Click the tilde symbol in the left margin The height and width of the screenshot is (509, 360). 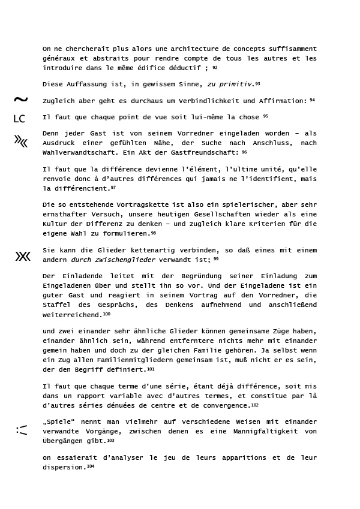coord(20,100)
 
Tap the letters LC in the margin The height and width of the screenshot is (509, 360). coord(19,119)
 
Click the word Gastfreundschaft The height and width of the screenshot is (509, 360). coord(202,153)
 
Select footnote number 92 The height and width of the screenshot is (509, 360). coord(215,68)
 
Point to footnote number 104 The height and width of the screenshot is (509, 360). coord(91,466)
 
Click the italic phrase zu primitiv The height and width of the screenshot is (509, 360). coord(230,84)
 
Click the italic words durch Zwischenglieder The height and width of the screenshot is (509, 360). coord(113,260)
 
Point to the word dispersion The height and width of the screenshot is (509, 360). coord(64,467)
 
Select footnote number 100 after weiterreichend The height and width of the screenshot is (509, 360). coord(107,314)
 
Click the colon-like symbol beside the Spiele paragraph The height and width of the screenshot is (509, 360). coord(22,430)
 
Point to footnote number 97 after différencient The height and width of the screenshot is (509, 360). coord(113,188)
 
